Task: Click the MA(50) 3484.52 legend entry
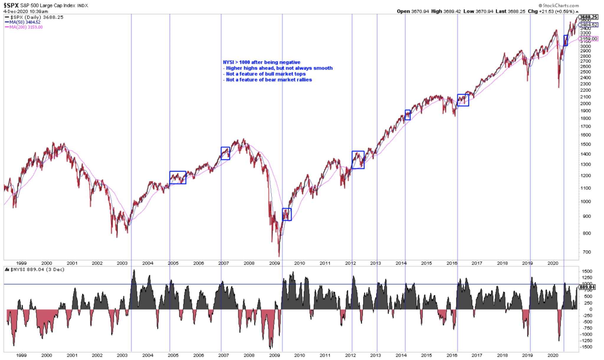25,22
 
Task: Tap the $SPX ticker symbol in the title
11,5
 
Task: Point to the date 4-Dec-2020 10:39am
26,12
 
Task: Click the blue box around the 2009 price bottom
287,215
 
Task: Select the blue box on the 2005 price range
178,178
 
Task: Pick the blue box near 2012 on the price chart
358,160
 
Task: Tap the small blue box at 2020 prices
565,40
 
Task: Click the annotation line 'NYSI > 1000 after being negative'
262,62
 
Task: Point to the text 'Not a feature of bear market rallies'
269,80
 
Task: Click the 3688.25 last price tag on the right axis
588,17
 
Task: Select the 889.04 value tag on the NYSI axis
587,287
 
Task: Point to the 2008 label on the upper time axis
249,263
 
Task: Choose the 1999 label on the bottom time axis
21,355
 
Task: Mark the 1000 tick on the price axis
585,202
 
